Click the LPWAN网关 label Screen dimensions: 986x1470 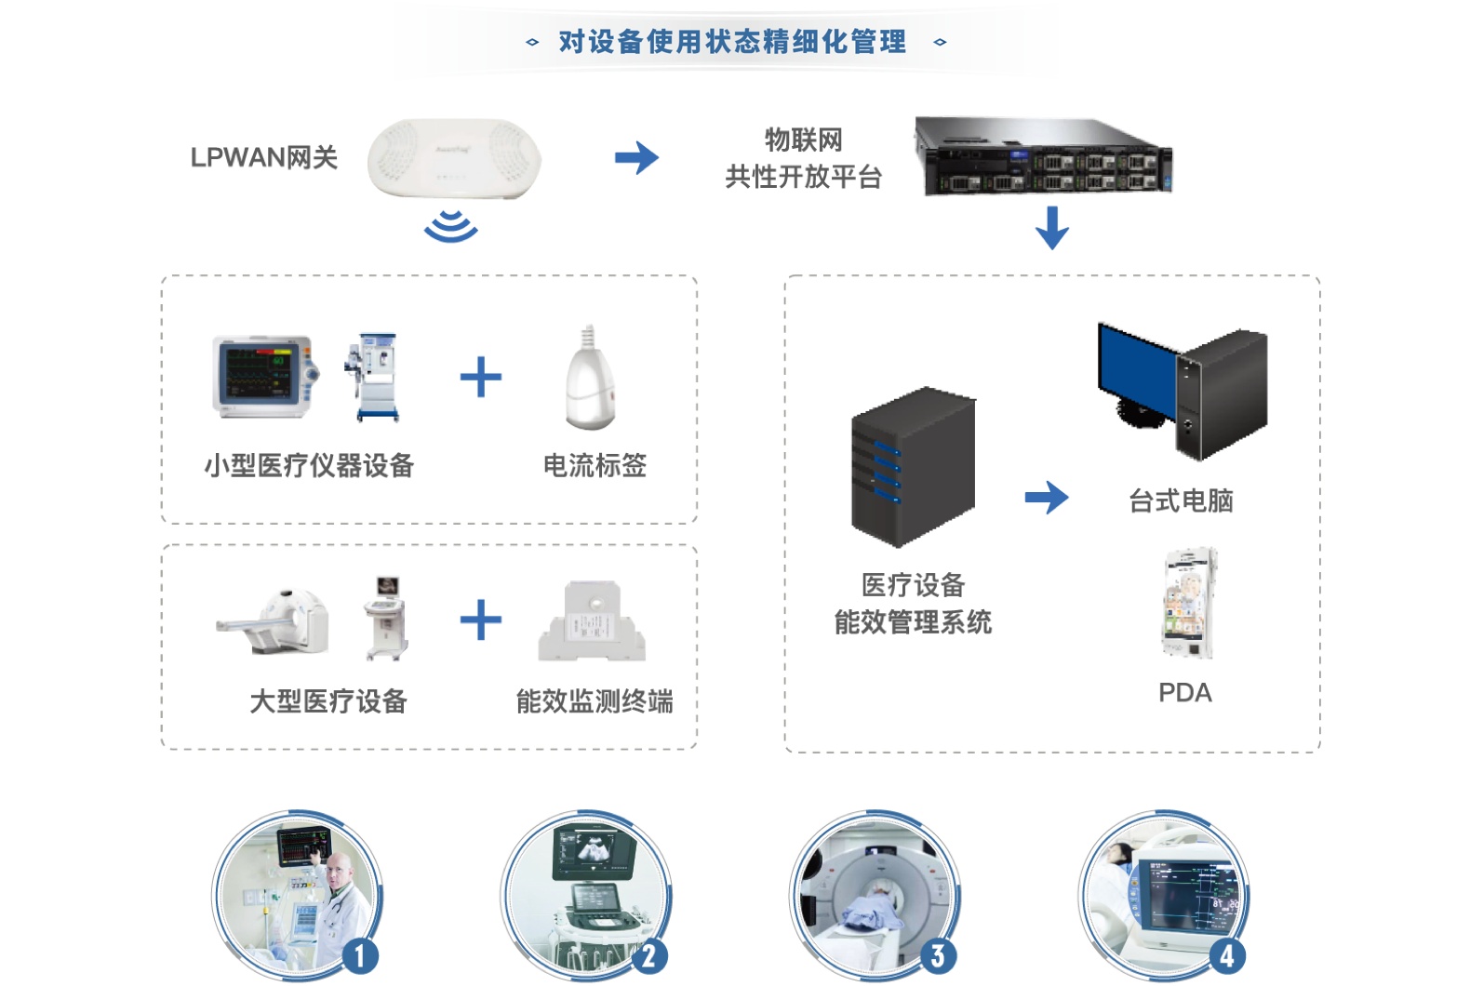pyautogui.click(x=263, y=158)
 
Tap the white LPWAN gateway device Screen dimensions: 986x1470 pyautogui.click(x=454, y=157)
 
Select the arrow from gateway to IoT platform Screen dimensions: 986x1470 pyautogui.click(x=636, y=157)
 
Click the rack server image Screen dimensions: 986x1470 pyautogui.click(x=1043, y=156)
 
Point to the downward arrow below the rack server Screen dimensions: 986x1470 pyautogui.click(x=1051, y=228)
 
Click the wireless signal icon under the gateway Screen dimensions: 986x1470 pyautogui.click(x=451, y=226)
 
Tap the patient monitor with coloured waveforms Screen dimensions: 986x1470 pyautogui.click(x=263, y=377)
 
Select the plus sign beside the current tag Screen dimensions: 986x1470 pyautogui.click(x=481, y=377)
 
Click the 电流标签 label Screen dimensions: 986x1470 pyautogui.click(x=595, y=465)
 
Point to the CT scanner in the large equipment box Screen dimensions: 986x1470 pyautogui.click(x=273, y=620)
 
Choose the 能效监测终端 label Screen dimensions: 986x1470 pyautogui.click(x=595, y=701)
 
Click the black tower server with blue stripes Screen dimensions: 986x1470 pyautogui.click(x=913, y=466)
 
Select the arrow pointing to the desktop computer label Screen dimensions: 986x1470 pyautogui.click(x=1046, y=498)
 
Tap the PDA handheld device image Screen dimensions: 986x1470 pyautogui.click(x=1187, y=604)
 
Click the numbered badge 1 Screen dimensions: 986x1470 pyautogui.click(x=359, y=956)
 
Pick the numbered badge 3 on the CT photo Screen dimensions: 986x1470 pyautogui.click(x=937, y=956)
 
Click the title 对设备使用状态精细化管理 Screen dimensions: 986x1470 pyautogui.click(x=732, y=42)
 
